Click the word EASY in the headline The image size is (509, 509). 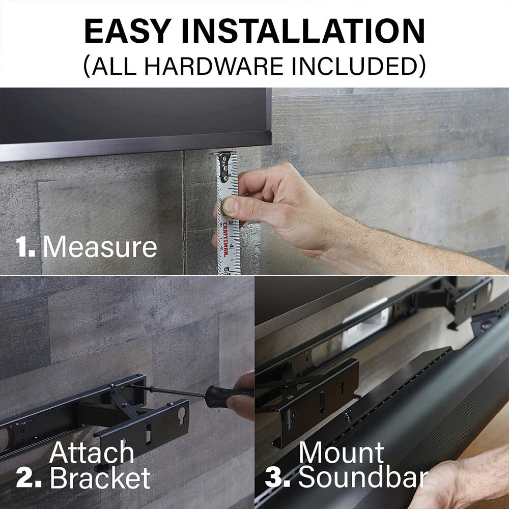point(128,31)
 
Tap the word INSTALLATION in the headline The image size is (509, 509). point(303,31)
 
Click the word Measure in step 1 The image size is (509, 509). point(100,247)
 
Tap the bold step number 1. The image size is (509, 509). point(25,247)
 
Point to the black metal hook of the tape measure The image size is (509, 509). point(224,166)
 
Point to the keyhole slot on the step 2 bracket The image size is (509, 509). point(182,416)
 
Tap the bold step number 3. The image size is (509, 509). point(277,477)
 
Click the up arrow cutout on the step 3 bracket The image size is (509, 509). point(342,388)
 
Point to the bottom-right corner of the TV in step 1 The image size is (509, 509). point(271,145)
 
